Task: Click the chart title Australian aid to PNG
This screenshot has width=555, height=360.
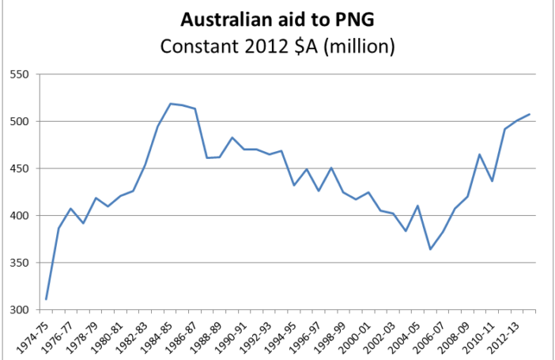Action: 277,19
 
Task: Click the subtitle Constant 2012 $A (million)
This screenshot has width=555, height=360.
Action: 277,46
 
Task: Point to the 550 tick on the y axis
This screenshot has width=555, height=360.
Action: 18,75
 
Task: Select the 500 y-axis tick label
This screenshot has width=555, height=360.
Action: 18,122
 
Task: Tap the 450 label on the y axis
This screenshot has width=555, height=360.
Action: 18,169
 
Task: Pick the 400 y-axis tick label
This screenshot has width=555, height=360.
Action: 18,215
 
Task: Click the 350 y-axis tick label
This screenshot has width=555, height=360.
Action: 18,263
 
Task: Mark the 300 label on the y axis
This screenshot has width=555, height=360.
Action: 18,309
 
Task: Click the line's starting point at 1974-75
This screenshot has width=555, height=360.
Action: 46,299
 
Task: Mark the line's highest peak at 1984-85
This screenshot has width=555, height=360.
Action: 170,104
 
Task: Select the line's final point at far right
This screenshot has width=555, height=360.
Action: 529,114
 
